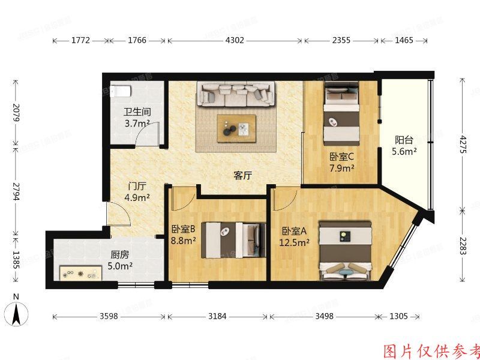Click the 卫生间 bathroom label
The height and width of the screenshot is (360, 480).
[x=137, y=112]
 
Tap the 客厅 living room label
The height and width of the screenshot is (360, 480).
[x=242, y=176]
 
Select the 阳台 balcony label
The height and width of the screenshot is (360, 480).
[x=404, y=140]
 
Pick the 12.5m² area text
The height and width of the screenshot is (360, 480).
[x=294, y=243]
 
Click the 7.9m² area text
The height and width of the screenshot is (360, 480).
[x=341, y=169]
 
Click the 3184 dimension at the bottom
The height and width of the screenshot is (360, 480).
[x=217, y=316]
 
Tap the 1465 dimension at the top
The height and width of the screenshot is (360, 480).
[x=404, y=41]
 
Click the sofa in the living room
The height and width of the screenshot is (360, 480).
[x=236, y=93]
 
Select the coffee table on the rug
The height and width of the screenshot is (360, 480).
[x=236, y=128]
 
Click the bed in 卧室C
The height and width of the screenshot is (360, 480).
[x=341, y=114]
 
